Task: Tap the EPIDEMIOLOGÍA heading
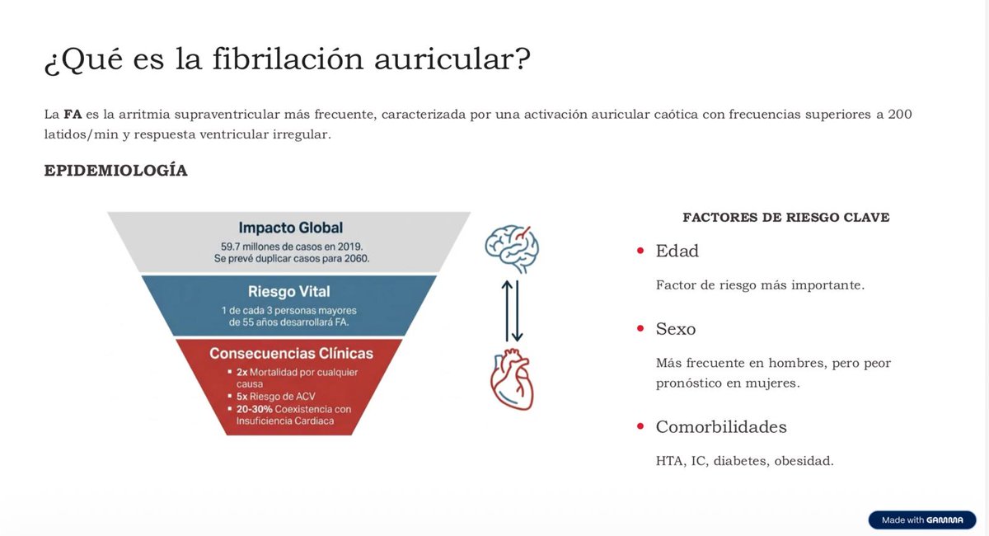coord(115,171)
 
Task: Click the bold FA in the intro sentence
coord(73,114)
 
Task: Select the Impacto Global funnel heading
coord(290,228)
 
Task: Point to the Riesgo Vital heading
coord(289,291)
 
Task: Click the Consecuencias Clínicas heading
coord(291,354)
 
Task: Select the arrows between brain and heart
coord(513,312)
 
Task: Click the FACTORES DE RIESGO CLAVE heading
coord(785,218)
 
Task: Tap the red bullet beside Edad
coord(640,251)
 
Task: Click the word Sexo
coord(676,329)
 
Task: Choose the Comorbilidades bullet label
coord(721,427)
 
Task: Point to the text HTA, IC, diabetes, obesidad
coord(744,461)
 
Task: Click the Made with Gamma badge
coord(921,520)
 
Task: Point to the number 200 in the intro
coord(900,114)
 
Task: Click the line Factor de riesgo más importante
coord(759,284)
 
